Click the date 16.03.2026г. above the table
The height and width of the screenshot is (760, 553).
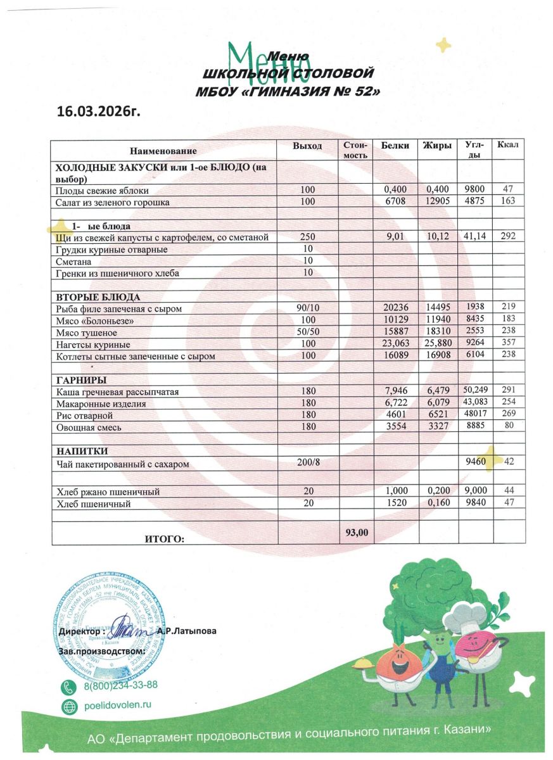click(97, 112)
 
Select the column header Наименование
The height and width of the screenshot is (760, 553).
click(163, 151)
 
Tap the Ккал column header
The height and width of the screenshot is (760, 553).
click(508, 146)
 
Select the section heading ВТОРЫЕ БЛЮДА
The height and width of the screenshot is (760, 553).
click(98, 297)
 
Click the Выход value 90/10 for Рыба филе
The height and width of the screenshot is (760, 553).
click(307, 308)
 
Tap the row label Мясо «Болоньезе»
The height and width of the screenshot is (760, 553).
click(95, 321)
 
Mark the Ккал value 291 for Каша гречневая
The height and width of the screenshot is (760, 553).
click(508, 392)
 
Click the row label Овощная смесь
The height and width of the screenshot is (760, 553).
click(89, 427)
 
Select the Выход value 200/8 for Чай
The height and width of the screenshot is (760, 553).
click(308, 464)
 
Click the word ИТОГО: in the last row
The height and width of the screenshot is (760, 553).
click(165, 539)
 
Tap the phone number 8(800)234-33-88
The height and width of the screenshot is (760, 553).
click(120, 685)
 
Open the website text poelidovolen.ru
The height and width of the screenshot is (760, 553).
click(118, 706)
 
